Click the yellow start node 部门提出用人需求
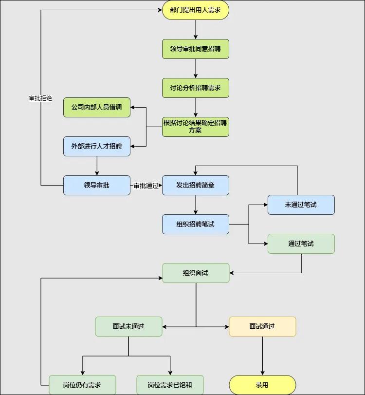click(x=195, y=10)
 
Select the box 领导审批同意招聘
click(x=195, y=49)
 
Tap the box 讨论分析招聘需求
click(x=195, y=88)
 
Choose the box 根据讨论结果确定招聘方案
click(x=195, y=127)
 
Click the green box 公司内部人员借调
click(x=97, y=107)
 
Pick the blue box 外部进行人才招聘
click(x=97, y=146)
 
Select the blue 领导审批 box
click(x=97, y=185)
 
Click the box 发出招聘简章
click(x=195, y=185)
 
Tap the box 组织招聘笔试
click(x=195, y=224)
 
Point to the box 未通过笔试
click(x=301, y=205)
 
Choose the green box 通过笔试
click(x=301, y=244)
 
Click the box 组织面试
click(x=195, y=273)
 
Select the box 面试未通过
click(x=128, y=326)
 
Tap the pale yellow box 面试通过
click(x=262, y=326)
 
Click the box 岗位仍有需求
click(x=82, y=385)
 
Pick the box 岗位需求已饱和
click(x=170, y=385)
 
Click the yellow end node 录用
click(x=262, y=385)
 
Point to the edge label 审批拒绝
click(x=40, y=98)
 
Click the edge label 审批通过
click(x=146, y=186)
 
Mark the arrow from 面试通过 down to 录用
click(x=262, y=356)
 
